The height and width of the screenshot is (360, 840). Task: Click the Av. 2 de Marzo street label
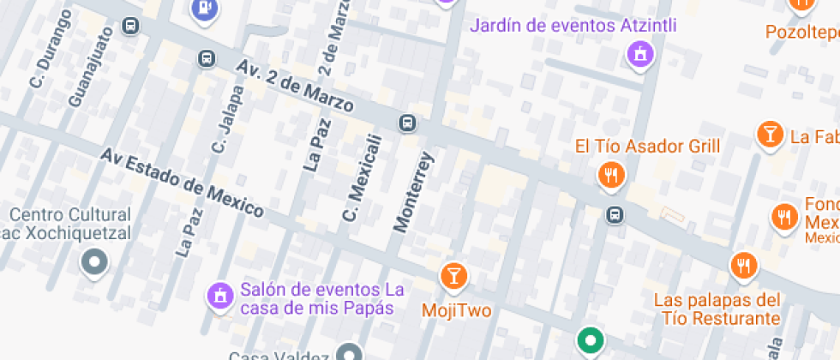pyautogui.click(x=296, y=87)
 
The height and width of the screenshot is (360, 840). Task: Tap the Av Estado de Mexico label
pyautogui.click(x=181, y=182)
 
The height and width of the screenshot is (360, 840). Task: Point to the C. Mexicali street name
pyautogui.click(x=361, y=177)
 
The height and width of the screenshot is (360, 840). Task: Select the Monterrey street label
pyautogui.click(x=414, y=192)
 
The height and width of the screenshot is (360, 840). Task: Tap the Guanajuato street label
pyautogui.click(x=90, y=67)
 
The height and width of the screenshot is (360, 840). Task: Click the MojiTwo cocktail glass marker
pyautogui.click(x=453, y=276)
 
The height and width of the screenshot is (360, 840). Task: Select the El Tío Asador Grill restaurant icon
pyautogui.click(x=610, y=176)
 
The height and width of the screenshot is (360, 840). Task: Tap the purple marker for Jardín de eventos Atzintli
pyautogui.click(x=639, y=57)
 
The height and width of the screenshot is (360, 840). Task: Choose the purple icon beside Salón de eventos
pyautogui.click(x=219, y=297)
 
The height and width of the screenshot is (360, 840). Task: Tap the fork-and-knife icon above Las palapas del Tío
pyautogui.click(x=743, y=266)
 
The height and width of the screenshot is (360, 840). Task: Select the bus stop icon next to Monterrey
pyautogui.click(x=408, y=123)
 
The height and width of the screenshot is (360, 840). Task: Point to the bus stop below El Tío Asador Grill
pyautogui.click(x=615, y=214)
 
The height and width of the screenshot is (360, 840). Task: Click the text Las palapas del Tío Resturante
pyautogui.click(x=717, y=309)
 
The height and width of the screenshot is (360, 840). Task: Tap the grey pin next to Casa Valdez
pyautogui.click(x=349, y=352)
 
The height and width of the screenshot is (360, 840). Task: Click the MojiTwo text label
pyautogui.click(x=456, y=309)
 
